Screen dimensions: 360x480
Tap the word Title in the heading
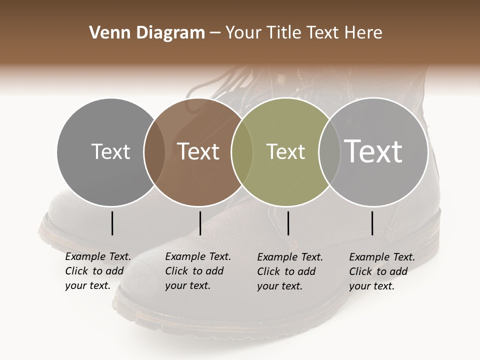tap(283, 32)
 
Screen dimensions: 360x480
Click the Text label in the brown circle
tap(198, 151)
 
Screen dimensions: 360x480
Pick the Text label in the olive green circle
tap(285, 151)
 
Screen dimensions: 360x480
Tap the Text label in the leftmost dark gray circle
tap(111, 151)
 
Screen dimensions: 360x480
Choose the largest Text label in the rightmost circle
tap(373, 151)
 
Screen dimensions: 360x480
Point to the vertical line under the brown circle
tap(200, 223)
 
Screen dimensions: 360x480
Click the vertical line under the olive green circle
tap(288, 223)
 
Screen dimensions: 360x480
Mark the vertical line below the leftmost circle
tap(112, 223)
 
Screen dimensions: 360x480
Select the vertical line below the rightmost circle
tap(372, 223)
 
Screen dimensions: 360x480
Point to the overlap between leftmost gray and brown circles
tap(154, 151)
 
